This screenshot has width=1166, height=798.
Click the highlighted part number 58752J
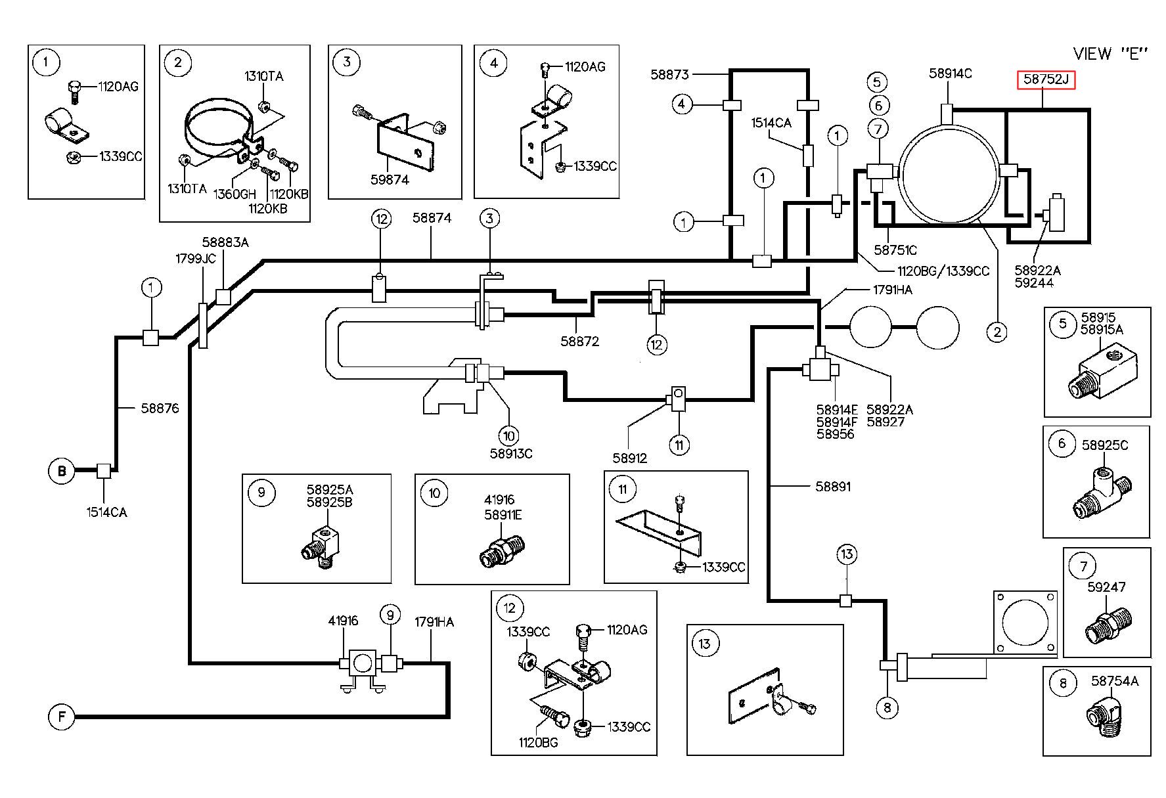tap(1046, 80)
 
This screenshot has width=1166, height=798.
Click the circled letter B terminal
tap(62, 471)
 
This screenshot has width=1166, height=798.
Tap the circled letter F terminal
tap(62, 716)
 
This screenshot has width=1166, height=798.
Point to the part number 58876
tap(160, 408)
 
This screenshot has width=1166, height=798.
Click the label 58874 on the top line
tap(432, 217)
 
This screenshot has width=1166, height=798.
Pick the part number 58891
tap(832, 487)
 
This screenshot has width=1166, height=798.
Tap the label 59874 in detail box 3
tap(390, 179)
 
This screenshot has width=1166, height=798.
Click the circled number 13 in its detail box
tap(705, 643)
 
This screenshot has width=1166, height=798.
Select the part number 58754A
tap(1115, 681)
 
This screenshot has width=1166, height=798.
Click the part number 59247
tap(1107, 587)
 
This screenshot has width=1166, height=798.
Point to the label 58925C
tap(1105, 445)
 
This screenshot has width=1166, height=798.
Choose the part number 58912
tap(629, 458)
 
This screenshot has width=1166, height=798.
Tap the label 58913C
tap(511, 453)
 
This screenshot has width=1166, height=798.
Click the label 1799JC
tap(195, 258)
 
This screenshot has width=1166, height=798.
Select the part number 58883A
tap(225, 242)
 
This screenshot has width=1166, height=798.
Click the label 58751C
tap(895, 250)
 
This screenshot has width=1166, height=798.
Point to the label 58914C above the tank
tap(951, 74)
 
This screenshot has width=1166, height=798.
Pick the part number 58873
tap(669, 74)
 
